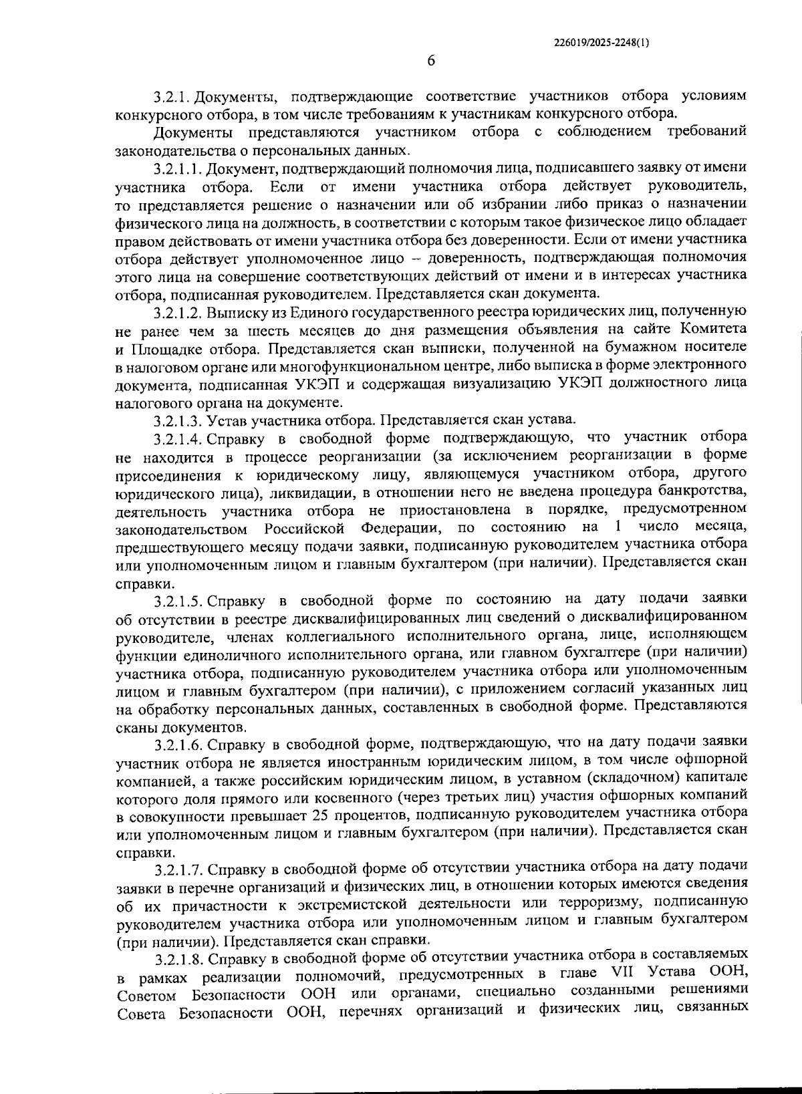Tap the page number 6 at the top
point(431,61)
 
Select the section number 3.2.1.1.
point(177,168)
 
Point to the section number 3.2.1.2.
point(177,312)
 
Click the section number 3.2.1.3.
point(177,420)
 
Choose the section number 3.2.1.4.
point(177,438)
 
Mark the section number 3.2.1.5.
point(177,597)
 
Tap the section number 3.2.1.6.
point(177,742)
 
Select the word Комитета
point(713,330)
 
